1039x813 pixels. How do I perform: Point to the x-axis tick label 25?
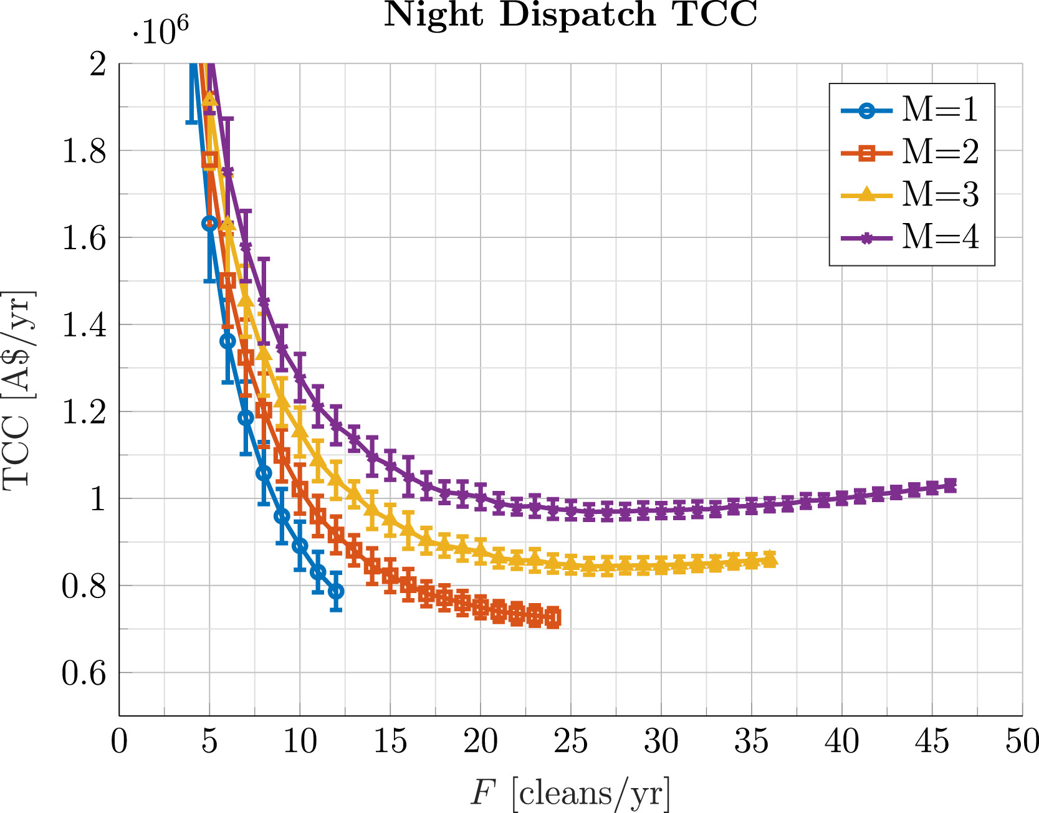(571, 742)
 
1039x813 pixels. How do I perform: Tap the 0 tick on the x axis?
(119, 742)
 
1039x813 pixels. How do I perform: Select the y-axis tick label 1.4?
(84, 325)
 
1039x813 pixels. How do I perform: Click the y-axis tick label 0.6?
(84, 673)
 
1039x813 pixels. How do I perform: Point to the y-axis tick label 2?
(98, 64)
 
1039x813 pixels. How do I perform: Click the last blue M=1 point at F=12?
(336, 591)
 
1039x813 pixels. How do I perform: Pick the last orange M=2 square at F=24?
(553, 617)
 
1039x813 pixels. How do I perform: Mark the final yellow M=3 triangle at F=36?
(770, 559)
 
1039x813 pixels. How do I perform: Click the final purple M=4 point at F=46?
(950, 485)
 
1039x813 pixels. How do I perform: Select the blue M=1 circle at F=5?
(209, 223)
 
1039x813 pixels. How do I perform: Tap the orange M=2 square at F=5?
(210, 159)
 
